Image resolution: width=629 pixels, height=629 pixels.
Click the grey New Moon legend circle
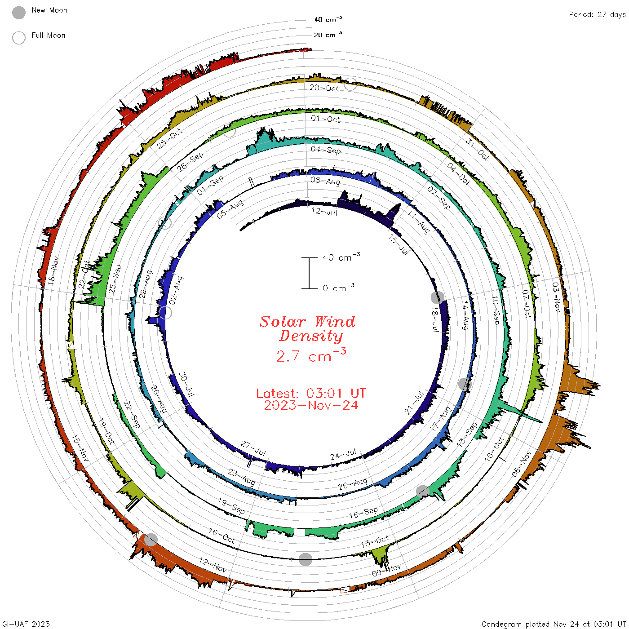18,13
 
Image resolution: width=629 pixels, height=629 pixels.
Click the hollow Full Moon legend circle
18,38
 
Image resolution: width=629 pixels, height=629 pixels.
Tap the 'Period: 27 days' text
597,15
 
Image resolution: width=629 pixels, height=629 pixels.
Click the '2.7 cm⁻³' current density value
311,355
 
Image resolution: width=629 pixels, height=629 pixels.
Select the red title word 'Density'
311,336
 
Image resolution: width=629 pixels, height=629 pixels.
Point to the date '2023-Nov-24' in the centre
311,405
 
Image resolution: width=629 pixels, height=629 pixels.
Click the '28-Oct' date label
324,88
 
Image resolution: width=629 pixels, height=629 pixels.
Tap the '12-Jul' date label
324,211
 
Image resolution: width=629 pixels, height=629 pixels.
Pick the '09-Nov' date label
386,570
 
